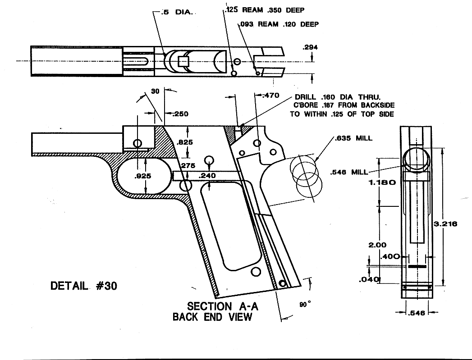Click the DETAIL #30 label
tap(84, 286)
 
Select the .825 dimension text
tap(185, 142)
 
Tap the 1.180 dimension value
tap(382, 183)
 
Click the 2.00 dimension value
tap(378, 245)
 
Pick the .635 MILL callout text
tap(353, 138)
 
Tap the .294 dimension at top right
tap(311, 47)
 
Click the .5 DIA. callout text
tap(177, 13)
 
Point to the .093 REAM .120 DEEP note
tap(279, 24)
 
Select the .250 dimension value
tap(179, 114)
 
